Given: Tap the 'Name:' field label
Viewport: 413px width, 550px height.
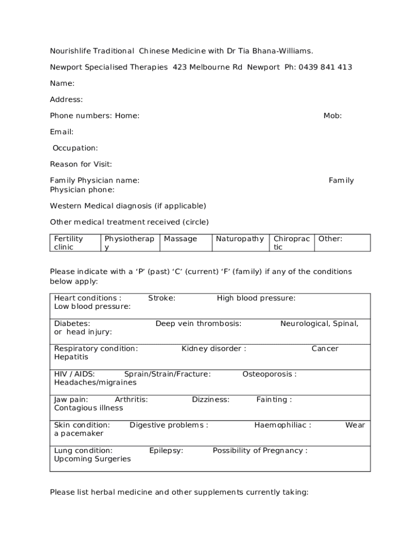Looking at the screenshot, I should pyautogui.click(x=62, y=83).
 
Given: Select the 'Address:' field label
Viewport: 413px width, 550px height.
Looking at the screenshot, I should pyautogui.click(x=67, y=99).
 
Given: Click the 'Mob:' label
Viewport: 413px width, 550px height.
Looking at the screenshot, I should pyautogui.click(x=333, y=115).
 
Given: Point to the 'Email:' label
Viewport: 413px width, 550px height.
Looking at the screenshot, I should pyautogui.click(x=62, y=132).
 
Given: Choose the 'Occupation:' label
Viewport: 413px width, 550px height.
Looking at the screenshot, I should pyautogui.click(x=75, y=148).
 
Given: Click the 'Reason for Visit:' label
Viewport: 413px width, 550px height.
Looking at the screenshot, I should pyautogui.click(x=81, y=164).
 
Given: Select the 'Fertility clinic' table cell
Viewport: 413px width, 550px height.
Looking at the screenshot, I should pyautogui.click(x=74, y=243).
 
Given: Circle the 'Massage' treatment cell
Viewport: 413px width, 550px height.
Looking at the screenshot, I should pyautogui.click(x=180, y=238).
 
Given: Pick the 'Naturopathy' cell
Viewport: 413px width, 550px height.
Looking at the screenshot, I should pyautogui.click(x=240, y=238).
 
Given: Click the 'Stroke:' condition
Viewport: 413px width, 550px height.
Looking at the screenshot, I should pyautogui.click(x=161, y=298).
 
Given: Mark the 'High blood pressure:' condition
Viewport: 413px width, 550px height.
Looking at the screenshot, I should pyautogui.click(x=256, y=298).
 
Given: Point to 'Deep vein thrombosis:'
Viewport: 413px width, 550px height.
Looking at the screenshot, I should pyautogui.click(x=198, y=323).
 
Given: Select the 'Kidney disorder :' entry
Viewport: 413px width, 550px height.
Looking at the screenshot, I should pyautogui.click(x=214, y=349).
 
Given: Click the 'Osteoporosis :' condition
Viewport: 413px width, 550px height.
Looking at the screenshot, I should pyautogui.click(x=269, y=374).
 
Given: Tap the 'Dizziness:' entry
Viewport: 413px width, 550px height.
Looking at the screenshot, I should pyautogui.click(x=211, y=399).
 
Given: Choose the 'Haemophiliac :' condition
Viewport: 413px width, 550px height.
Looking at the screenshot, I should pyautogui.click(x=283, y=425).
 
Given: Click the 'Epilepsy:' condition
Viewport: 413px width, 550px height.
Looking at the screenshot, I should pyautogui.click(x=166, y=450).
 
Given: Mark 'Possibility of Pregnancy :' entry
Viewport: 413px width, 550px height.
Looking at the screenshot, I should pyautogui.click(x=260, y=450).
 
